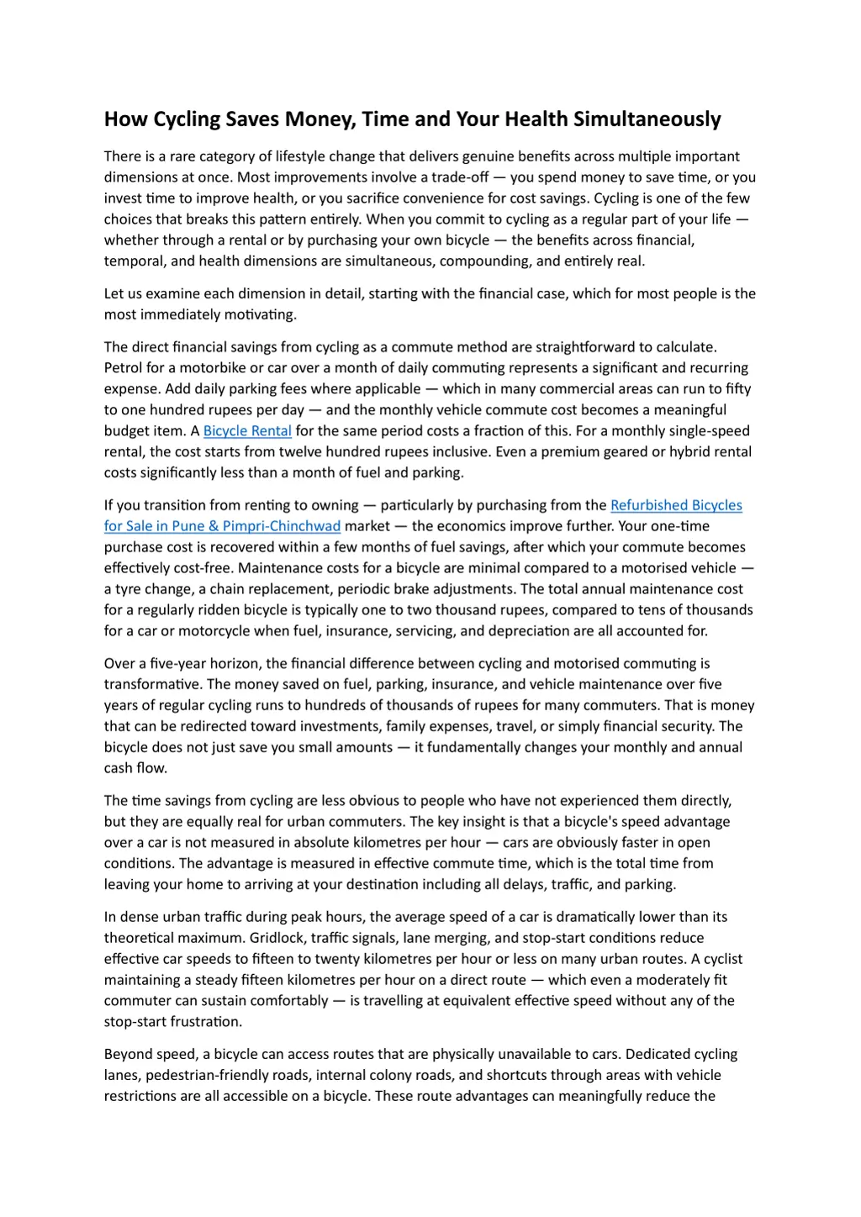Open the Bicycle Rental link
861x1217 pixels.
coord(247,431)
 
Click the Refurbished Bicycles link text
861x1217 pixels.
coord(676,505)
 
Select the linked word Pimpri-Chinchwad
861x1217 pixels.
coord(282,526)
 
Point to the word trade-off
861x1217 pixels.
coord(456,177)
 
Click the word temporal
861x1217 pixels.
coord(135,261)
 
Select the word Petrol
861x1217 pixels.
coord(123,368)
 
